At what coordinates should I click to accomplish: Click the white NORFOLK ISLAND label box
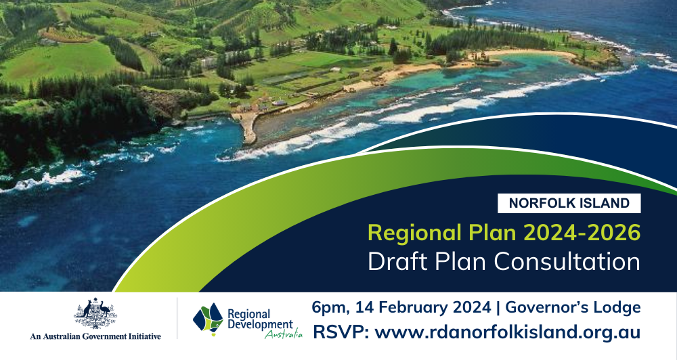(x=569, y=203)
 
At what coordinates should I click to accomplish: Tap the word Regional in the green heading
(x=414, y=233)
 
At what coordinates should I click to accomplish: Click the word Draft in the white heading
(x=397, y=262)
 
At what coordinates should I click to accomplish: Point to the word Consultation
(x=567, y=262)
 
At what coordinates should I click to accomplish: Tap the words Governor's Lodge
(x=573, y=307)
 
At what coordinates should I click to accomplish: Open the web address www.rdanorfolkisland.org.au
(x=507, y=333)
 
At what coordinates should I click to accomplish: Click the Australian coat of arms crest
(x=95, y=313)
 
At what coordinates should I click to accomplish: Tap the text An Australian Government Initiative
(x=95, y=336)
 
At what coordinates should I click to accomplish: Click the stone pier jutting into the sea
(x=247, y=127)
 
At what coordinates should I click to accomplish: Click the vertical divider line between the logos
(x=177, y=318)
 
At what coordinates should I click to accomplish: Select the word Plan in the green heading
(x=492, y=233)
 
